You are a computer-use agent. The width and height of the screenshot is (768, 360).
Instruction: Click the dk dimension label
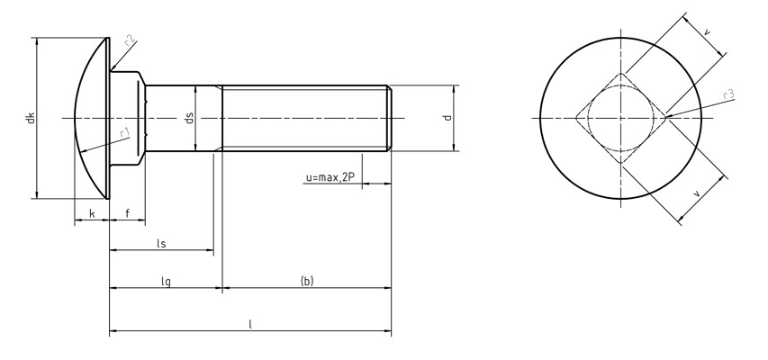[x=31, y=118]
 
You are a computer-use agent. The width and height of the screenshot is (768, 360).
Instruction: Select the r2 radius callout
[x=130, y=40]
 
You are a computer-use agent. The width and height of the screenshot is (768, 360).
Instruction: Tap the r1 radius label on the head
[x=124, y=132]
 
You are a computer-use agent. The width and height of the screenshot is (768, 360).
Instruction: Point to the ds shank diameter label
[x=190, y=118]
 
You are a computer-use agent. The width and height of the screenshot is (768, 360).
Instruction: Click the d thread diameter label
[x=447, y=118]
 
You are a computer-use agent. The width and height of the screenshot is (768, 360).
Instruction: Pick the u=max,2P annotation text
[x=330, y=178]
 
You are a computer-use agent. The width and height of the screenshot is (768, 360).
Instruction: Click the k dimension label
[x=92, y=213]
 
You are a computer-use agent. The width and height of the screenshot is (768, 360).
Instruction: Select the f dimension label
[x=127, y=213]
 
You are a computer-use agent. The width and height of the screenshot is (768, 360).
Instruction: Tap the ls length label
[x=161, y=243]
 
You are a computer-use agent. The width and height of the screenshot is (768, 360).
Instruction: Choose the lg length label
[x=166, y=282]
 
